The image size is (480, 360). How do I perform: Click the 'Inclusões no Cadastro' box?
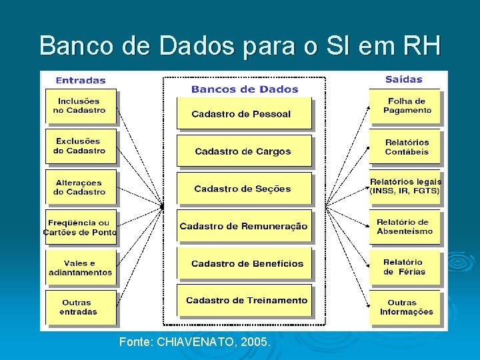tap(80, 106)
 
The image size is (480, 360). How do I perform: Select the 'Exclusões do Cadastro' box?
tap(80, 146)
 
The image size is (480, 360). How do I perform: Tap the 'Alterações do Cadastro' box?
tap(80, 187)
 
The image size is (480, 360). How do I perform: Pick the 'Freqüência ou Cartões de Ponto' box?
tap(80, 227)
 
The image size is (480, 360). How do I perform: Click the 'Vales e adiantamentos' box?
tap(80, 268)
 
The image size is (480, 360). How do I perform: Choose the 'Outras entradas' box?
tap(79, 307)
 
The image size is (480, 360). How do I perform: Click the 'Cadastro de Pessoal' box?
tap(243, 113)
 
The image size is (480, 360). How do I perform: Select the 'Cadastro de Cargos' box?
tap(243, 151)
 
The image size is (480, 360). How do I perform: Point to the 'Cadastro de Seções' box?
tap(243, 189)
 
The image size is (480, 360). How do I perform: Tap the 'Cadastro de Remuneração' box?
tap(243, 227)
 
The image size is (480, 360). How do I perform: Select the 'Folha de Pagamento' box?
tap(406, 106)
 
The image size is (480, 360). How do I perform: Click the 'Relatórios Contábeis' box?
tap(406, 147)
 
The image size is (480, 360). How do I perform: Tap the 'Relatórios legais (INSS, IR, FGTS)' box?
tap(406, 186)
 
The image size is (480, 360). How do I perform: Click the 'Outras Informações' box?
tap(406, 307)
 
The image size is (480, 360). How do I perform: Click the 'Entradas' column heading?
tap(81, 81)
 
